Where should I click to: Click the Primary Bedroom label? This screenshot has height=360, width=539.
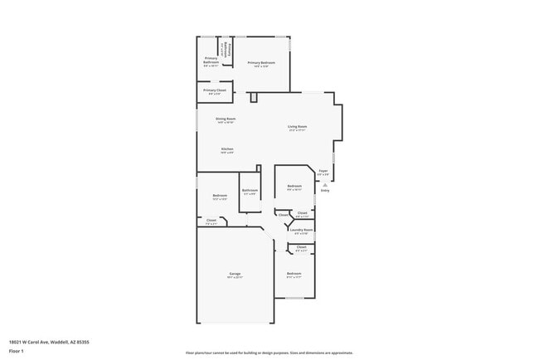(261, 63)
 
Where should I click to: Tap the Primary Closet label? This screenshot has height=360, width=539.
(215, 90)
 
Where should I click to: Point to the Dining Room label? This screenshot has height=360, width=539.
(226, 119)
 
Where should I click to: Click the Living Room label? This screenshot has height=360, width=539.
(297, 126)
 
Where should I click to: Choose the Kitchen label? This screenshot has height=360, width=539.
(226, 149)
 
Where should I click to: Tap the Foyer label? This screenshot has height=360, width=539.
(323, 171)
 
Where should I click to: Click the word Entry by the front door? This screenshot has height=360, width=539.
(325, 190)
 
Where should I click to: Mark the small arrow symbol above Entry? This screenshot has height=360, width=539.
(325, 184)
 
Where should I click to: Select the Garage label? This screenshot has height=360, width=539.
(235, 273)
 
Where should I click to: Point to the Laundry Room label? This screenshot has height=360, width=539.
(301, 230)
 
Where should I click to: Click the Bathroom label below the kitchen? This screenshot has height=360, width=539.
(250, 190)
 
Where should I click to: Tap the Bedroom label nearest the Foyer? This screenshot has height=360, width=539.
(294, 186)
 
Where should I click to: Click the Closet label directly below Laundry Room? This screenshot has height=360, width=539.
(302, 246)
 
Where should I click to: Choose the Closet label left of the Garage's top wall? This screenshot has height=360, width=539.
(211, 220)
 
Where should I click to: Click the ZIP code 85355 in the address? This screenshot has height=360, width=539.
(83, 341)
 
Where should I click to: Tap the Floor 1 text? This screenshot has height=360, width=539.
(17, 352)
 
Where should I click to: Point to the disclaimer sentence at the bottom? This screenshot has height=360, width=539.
(269, 353)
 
